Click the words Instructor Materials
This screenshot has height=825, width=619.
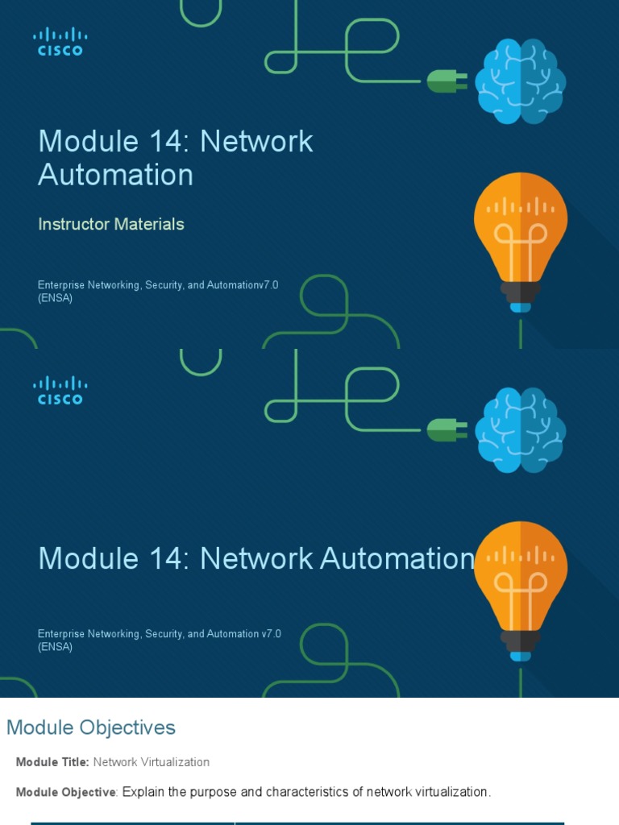(x=111, y=224)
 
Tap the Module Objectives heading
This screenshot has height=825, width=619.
(x=91, y=728)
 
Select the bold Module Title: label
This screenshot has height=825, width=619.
(x=52, y=762)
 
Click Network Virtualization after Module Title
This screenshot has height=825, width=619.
(x=152, y=762)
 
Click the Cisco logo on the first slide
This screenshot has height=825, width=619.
(x=60, y=41)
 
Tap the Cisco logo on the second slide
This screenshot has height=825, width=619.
(x=60, y=390)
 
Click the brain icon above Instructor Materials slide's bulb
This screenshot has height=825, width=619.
(x=520, y=82)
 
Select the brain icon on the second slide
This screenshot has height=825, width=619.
(x=520, y=430)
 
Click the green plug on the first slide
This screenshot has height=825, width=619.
(x=446, y=81)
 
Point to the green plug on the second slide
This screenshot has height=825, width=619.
(x=446, y=429)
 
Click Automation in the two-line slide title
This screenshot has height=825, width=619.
(x=115, y=175)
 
